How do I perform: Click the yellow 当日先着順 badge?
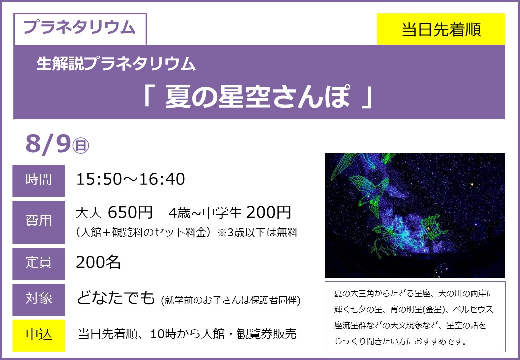441,29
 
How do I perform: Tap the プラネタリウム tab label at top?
80,27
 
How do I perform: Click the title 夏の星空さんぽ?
257,97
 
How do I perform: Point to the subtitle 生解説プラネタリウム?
116,63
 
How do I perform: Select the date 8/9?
48,144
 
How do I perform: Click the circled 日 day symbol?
81,146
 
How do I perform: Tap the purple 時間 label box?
39,180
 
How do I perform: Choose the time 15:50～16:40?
130,179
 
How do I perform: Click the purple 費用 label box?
39,222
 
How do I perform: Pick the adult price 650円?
130,212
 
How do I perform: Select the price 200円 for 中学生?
269,212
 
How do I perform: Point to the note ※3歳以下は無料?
257,232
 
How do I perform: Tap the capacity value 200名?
98,262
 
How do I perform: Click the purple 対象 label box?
39,299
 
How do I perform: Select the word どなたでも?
116,298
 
